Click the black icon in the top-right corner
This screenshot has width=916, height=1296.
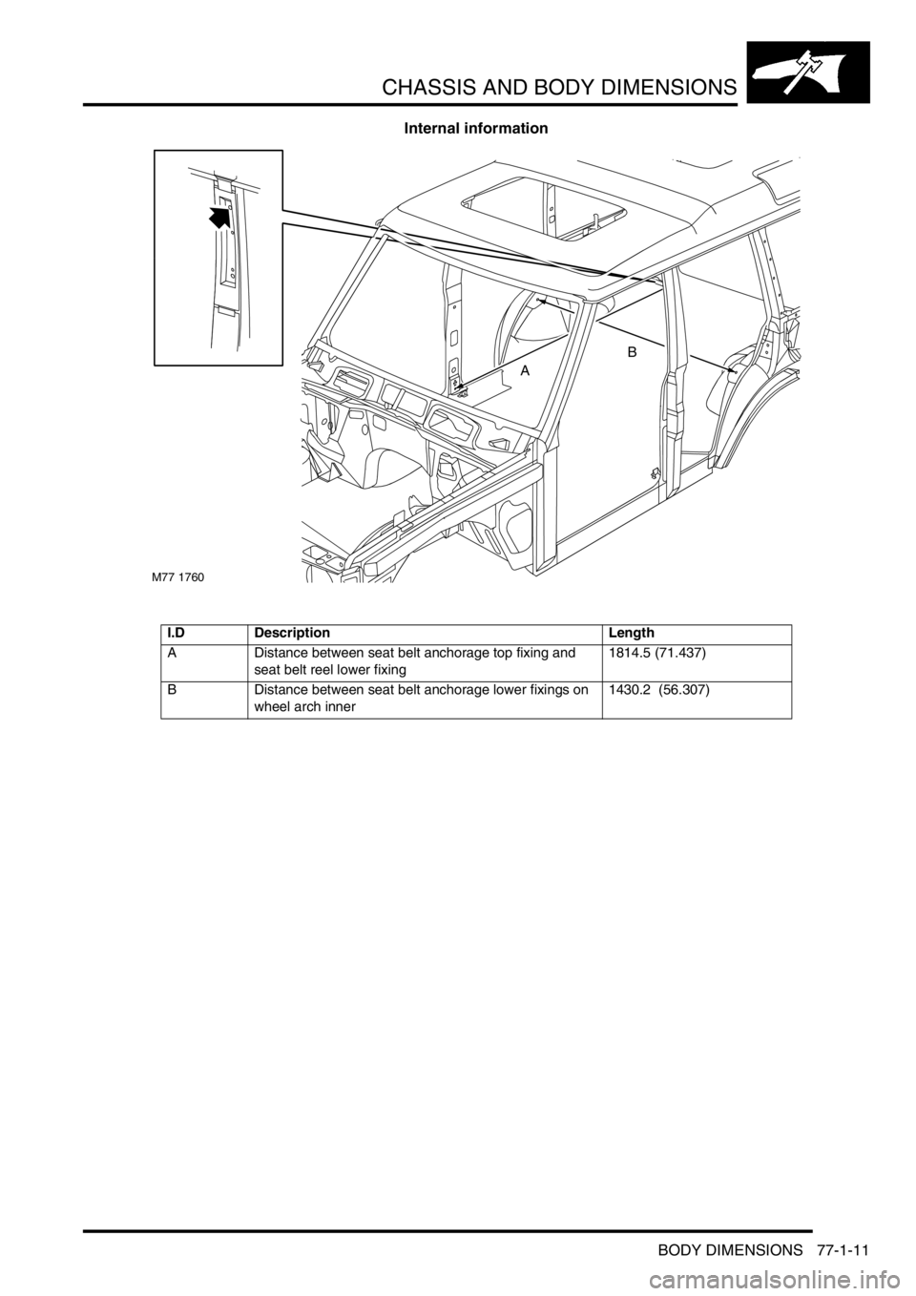click(807, 73)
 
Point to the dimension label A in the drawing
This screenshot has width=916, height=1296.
click(525, 372)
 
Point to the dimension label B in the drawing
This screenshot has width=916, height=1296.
click(632, 350)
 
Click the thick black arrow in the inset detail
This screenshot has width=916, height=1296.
click(220, 219)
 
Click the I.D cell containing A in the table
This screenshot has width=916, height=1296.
click(205, 663)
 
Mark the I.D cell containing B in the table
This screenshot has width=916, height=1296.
click(205, 700)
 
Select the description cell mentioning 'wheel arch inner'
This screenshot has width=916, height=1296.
click(425, 700)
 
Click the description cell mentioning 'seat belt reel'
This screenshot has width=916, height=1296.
click(425, 663)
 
